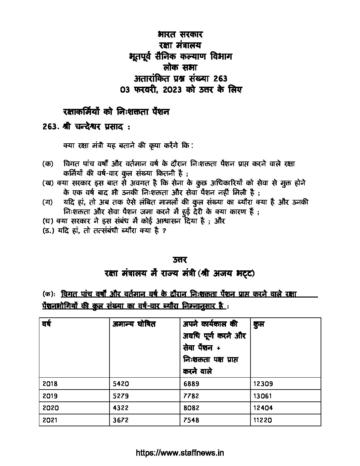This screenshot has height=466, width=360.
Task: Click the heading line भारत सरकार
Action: pos(180,34)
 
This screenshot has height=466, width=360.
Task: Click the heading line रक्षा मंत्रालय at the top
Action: pos(180,45)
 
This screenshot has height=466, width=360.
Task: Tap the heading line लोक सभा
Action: pos(180,67)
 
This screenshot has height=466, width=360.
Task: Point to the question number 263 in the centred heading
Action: pos(220,78)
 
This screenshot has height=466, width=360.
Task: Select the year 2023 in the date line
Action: pos(172,89)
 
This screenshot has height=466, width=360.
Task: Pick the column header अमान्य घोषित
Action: pos(134,324)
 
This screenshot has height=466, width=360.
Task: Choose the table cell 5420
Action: pos(120,384)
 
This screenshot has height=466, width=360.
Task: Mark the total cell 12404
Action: pos(262,408)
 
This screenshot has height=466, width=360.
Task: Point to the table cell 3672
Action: pos(120,420)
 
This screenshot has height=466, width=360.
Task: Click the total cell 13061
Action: pos(262,396)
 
